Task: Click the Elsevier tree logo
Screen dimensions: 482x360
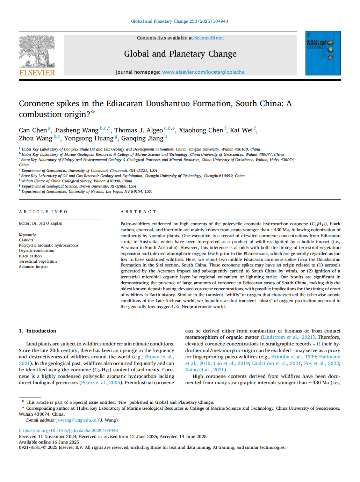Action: (37, 51)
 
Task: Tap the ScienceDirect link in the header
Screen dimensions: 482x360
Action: (209, 38)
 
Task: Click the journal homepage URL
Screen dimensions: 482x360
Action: (203, 72)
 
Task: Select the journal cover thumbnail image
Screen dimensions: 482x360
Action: (323, 53)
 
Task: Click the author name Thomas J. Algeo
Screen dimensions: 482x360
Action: (138, 130)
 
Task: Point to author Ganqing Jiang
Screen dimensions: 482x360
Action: (142, 139)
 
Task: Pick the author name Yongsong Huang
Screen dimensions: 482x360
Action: (89, 139)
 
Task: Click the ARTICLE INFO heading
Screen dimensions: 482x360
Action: (43, 212)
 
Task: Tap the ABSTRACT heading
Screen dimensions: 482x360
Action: (138, 212)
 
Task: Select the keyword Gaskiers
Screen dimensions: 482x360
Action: (26, 240)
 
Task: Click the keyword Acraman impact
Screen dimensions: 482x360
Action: (33, 266)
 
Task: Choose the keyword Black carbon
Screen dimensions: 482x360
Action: (30, 256)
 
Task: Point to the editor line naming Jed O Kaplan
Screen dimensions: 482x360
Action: (41, 223)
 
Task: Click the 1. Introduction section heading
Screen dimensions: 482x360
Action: (37, 331)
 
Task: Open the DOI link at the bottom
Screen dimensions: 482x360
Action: (68, 431)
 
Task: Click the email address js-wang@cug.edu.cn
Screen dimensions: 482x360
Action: (76, 420)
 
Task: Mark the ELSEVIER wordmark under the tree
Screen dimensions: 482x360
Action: (37, 73)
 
